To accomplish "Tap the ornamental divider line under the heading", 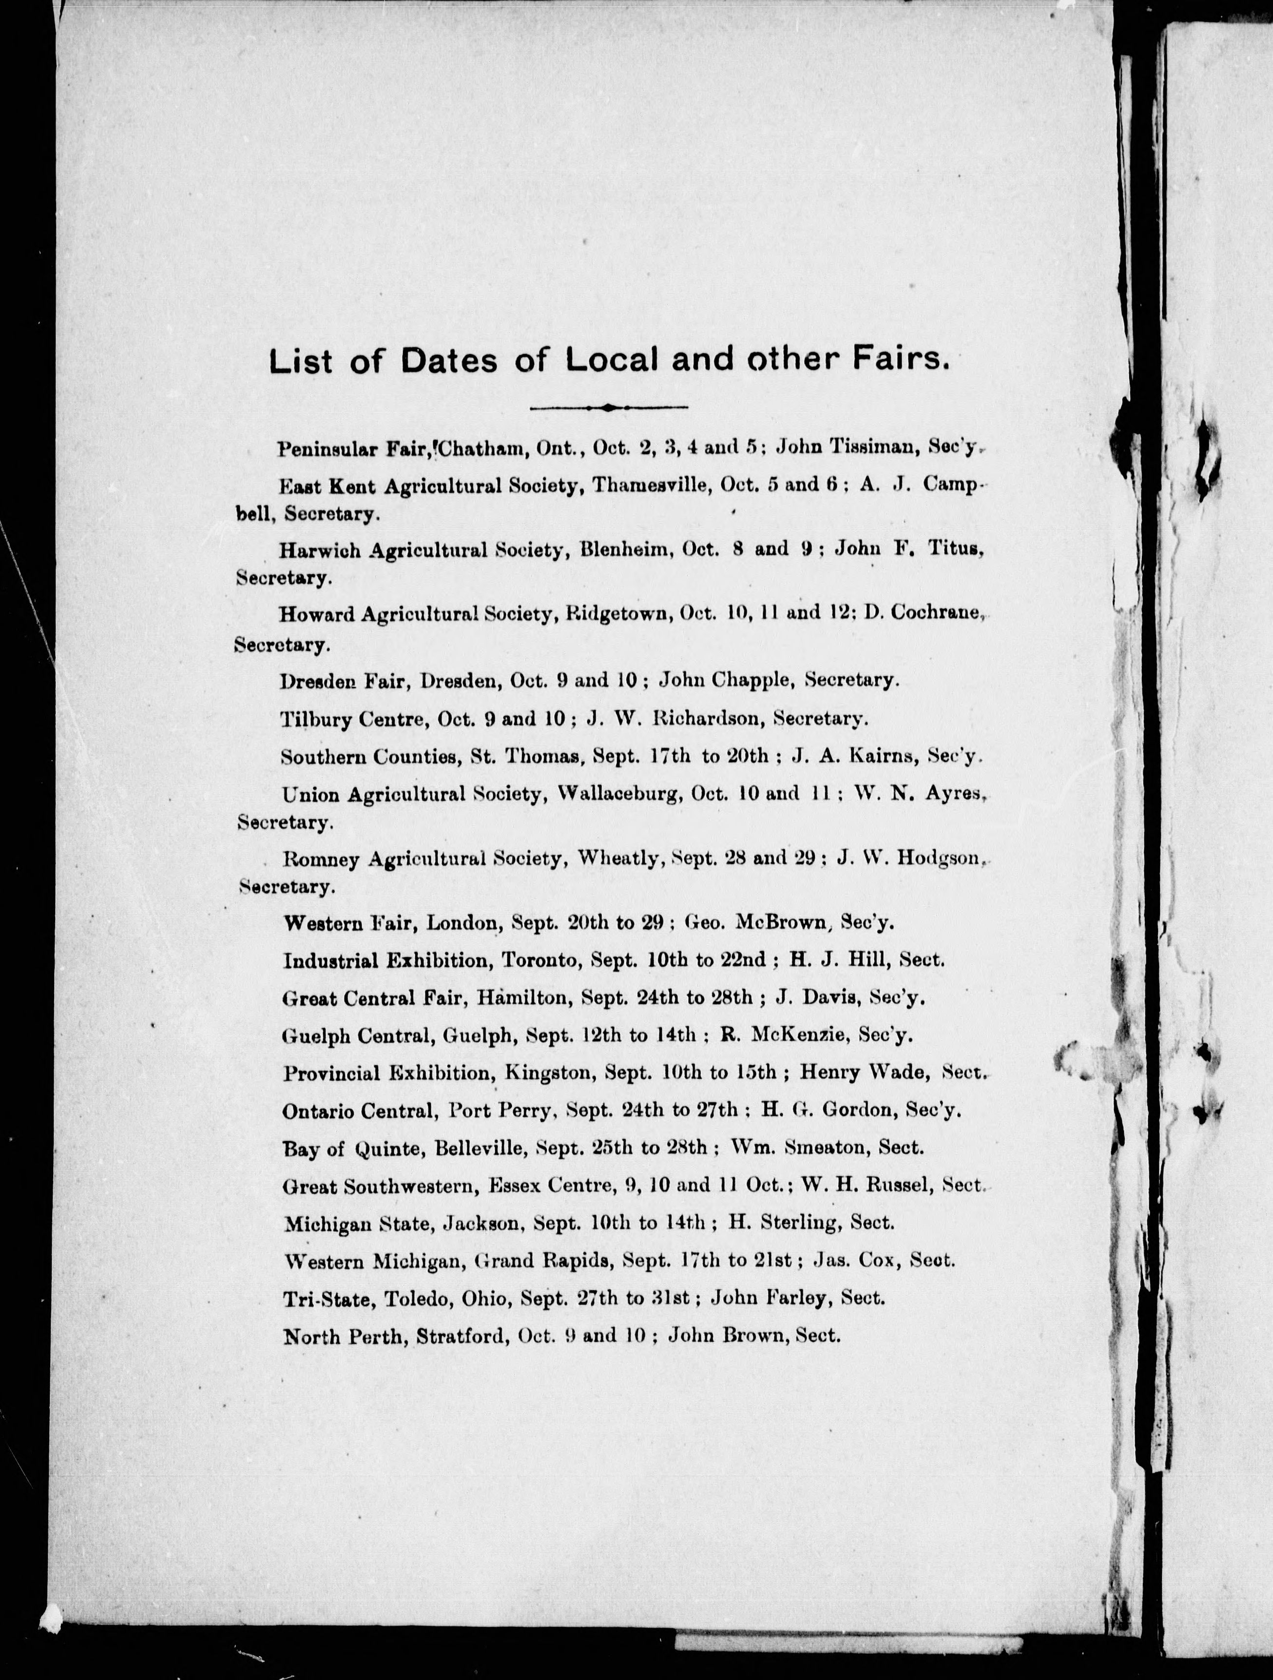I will pos(608,408).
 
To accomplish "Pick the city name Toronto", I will pos(540,961).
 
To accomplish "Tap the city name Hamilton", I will pos(523,998).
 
